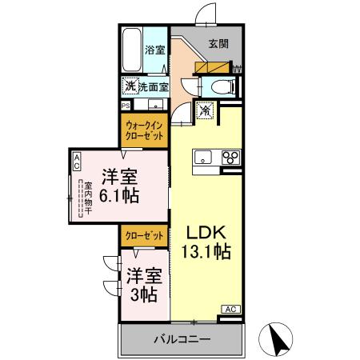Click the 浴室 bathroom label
[x=155, y=50]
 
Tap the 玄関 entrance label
[x=219, y=45]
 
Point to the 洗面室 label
[x=152, y=86]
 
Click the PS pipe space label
[x=125, y=105]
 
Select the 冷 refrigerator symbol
[x=205, y=111]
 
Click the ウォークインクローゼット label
[x=144, y=130]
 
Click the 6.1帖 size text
[x=121, y=195]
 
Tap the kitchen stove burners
[x=231, y=157]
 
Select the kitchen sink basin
[x=199, y=156]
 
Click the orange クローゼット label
[x=144, y=236]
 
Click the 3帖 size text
[x=144, y=295]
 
